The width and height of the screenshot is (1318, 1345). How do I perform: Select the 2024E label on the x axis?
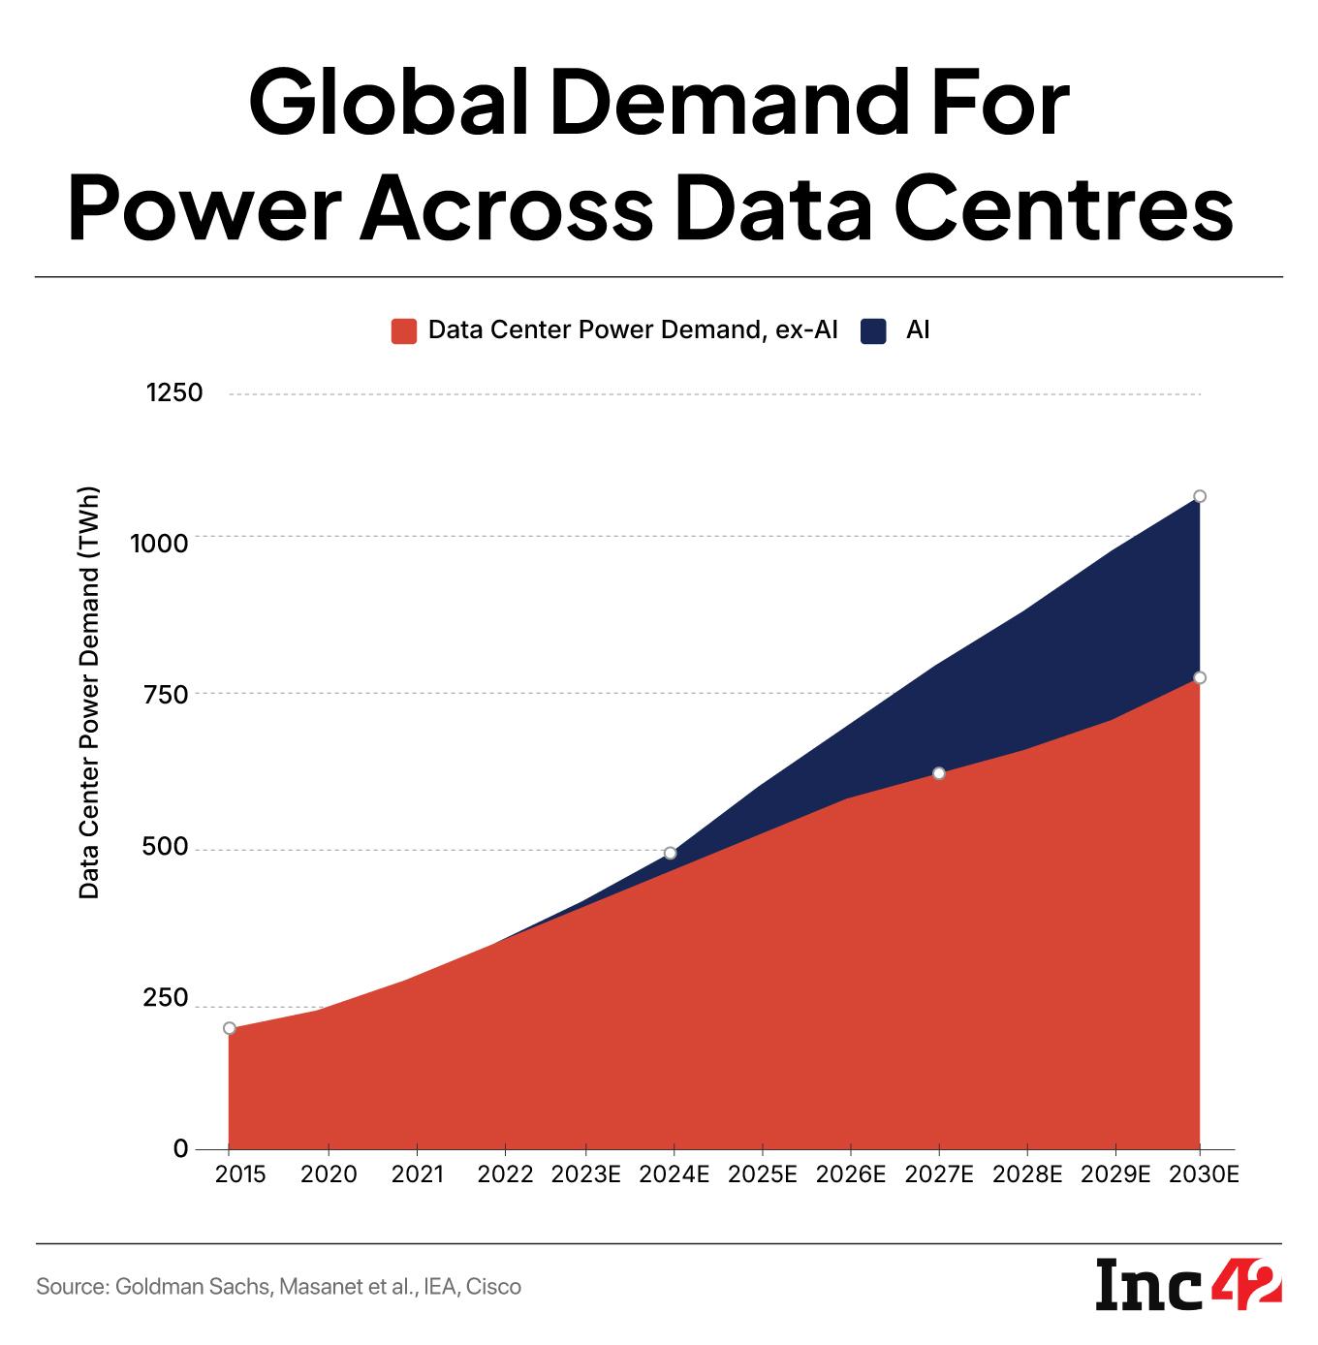tap(675, 1174)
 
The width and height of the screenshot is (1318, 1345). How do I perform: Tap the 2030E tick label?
tap(1204, 1174)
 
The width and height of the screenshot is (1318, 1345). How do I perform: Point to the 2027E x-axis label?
tap(939, 1174)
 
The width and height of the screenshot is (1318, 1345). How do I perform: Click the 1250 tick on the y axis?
tap(173, 393)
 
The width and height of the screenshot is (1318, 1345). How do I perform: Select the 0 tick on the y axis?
tap(180, 1149)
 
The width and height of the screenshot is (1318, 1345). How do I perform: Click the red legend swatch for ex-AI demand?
tap(403, 330)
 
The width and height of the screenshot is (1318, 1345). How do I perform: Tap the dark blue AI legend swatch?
tap(874, 330)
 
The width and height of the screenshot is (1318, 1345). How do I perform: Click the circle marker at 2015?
tap(230, 1028)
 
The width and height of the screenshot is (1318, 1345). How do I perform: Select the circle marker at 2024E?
tap(670, 853)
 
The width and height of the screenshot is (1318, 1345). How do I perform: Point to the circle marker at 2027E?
tap(939, 773)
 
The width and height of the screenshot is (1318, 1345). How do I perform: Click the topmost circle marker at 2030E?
tap(1200, 496)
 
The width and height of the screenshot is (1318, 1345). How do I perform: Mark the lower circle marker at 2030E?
tap(1200, 677)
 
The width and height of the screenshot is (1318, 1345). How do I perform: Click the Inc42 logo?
tap(1189, 1286)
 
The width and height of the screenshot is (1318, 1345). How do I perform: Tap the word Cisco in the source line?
tap(493, 1287)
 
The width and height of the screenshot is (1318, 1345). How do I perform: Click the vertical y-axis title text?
tap(89, 692)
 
